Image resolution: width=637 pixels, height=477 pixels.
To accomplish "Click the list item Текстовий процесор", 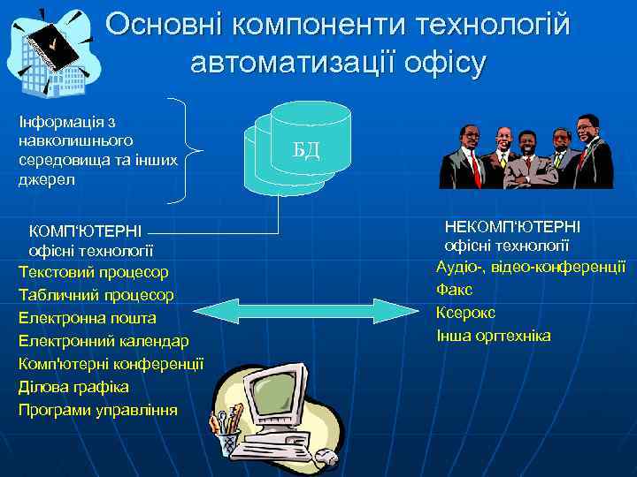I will [x=93, y=272].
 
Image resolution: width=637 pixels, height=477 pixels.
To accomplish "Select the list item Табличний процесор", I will [x=96, y=295].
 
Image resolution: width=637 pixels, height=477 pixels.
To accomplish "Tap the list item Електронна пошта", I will [x=87, y=318].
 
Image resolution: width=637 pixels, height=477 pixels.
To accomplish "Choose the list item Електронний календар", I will [x=103, y=341].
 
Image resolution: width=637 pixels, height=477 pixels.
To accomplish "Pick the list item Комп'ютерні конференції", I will [x=111, y=364].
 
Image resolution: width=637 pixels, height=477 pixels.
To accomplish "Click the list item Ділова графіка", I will [x=73, y=387].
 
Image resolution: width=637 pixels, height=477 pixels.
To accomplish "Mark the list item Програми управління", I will [x=97, y=410].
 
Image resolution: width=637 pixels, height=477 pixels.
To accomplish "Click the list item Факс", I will [x=454, y=289].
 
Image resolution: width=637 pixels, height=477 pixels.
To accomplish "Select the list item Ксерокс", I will [x=465, y=312].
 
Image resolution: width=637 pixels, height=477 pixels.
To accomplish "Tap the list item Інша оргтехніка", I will [x=493, y=336].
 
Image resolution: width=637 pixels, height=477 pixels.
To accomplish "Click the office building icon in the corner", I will [x=49, y=49].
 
